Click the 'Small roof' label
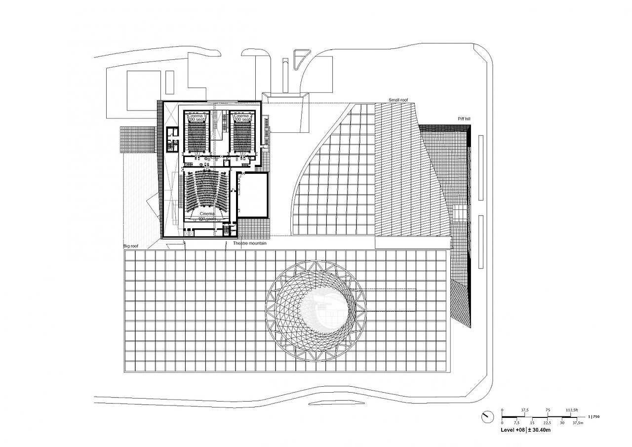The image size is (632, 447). click(398, 100)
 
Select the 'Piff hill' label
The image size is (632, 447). click(464, 120)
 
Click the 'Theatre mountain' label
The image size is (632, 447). click(249, 244)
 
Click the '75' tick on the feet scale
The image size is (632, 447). click(548, 410)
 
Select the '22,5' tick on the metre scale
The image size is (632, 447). click(548, 423)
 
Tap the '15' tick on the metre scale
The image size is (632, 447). click(532, 423)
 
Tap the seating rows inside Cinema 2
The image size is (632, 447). click(241, 138)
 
